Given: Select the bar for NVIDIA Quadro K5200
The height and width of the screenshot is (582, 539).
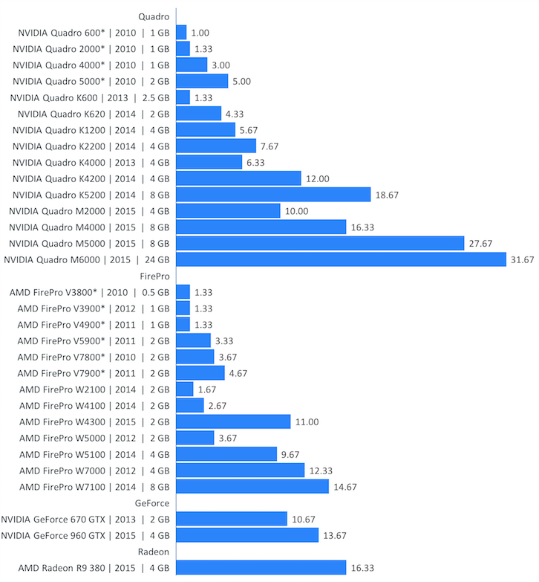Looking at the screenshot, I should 273,195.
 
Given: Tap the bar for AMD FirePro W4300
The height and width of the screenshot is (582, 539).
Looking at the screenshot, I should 233,421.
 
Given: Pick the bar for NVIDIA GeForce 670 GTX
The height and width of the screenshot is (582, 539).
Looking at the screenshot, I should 232,519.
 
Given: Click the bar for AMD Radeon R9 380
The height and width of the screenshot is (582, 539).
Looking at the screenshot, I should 261,567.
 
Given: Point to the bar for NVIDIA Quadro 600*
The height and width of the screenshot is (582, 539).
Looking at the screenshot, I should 181,33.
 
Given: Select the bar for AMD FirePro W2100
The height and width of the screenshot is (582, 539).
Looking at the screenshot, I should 185,389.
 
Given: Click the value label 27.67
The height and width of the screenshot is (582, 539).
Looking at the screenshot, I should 483,244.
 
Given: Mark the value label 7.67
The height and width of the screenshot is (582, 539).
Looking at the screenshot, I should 272,146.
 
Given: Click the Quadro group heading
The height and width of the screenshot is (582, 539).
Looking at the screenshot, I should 154,16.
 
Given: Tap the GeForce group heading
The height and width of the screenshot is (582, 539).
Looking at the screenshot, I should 153,503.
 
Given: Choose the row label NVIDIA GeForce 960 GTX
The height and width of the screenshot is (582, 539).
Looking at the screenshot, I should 85,535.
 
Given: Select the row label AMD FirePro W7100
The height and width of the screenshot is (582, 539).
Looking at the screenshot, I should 94,487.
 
